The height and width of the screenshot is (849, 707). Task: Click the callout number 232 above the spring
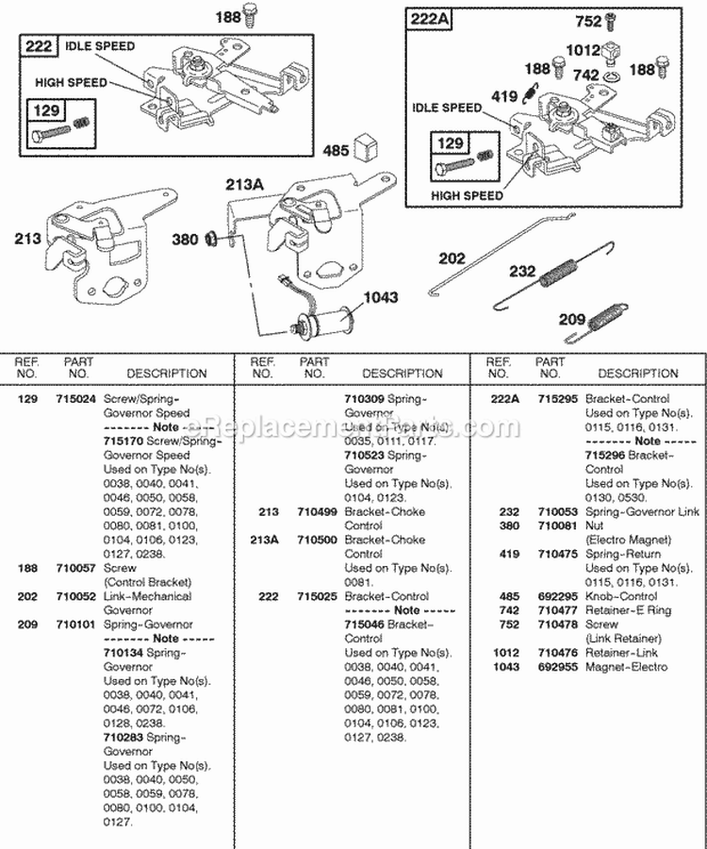(x=521, y=271)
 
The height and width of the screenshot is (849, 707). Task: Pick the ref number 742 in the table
(x=509, y=610)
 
